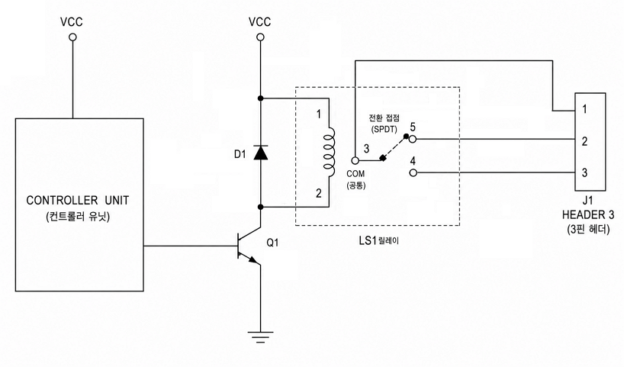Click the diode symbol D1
(261, 153)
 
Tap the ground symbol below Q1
(261, 336)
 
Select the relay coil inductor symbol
(329, 153)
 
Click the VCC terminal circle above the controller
(72, 37)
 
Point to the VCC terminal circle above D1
(260, 37)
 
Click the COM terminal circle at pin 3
(355, 161)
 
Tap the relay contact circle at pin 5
(413, 139)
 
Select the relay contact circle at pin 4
(413, 172)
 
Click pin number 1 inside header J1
(584, 109)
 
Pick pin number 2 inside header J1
(584, 141)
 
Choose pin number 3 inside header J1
(584, 172)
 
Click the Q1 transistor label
(272, 243)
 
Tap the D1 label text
(240, 154)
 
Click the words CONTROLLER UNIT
(78, 200)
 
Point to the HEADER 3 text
(588, 215)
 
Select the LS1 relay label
(378, 241)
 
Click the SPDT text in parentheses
(384, 130)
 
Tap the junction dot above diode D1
(261, 98)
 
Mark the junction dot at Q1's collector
(261, 207)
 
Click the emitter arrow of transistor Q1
(254, 260)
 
